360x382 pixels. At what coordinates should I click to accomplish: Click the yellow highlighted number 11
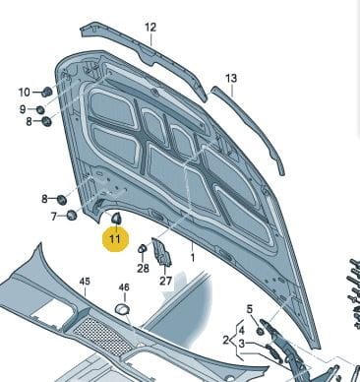[x=115, y=238]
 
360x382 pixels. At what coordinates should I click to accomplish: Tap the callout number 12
[x=150, y=28]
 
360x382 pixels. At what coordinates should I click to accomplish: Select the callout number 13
[x=231, y=79]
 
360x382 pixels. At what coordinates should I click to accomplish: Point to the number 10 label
[x=24, y=93]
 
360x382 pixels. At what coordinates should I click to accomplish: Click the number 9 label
[x=23, y=109]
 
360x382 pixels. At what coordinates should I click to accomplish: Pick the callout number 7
[x=54, y=217]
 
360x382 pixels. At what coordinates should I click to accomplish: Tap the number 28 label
[x=143, y=269]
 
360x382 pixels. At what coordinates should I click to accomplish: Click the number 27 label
[x=165, y=281]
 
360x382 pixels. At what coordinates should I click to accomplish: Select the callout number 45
[x=85, y=282]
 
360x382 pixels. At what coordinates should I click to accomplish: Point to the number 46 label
[x=124, y=287]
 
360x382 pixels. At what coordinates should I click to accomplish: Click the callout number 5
[x=250, y=309]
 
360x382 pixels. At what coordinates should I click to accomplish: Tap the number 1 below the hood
[x=193, y=258]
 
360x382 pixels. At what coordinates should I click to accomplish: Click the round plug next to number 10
[x=47, y=92]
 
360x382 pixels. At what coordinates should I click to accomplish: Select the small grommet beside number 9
[x=40, y=109]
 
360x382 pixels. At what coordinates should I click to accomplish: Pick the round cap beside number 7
[x=71, y=216]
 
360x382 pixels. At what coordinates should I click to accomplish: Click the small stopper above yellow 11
[x=116, y=219]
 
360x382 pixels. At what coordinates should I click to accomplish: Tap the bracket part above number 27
[x=161, y=252]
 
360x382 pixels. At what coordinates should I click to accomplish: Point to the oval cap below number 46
[x=122, y=308]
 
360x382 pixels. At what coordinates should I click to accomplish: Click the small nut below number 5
[x=260, y=331]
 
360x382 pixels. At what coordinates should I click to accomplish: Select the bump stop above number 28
[x=143, y=248]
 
